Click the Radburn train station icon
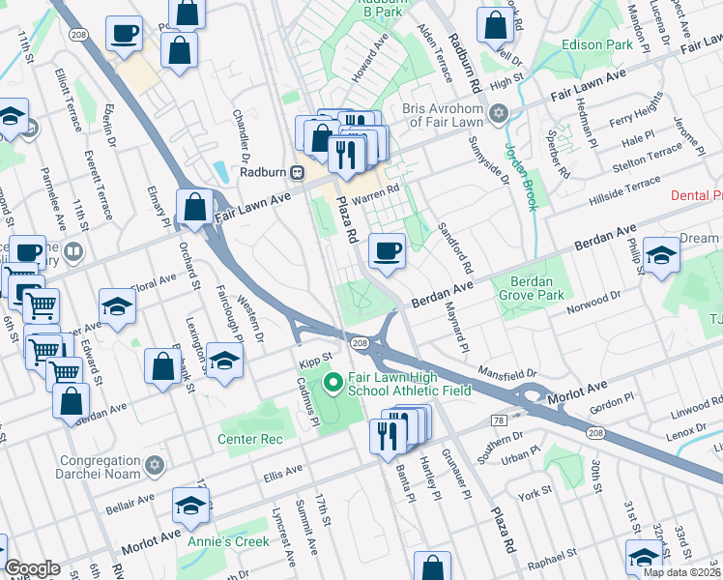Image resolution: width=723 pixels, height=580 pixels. [299, 172]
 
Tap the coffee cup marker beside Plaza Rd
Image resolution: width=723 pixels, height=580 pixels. [388, 251]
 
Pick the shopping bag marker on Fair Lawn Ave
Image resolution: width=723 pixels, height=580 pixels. [194, 208]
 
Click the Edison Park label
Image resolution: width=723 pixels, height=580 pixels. [598, 44]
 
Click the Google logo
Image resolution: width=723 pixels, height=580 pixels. [32, 568]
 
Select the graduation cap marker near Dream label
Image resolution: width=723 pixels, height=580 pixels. [661, 256]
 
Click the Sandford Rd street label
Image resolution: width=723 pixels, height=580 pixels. [461, 246]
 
